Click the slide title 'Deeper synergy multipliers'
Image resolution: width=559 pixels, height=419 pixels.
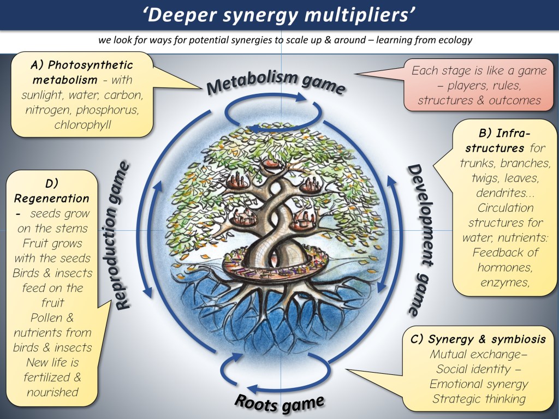click(x=279, y=15)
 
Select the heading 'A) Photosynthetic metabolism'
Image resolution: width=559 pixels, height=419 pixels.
click(x=82, y=73)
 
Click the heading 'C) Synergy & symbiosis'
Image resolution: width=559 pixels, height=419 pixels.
click(x=478, y=340)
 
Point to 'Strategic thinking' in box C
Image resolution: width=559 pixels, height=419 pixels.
click(x=478, y=399)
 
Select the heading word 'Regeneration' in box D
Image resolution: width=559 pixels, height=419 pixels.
click(x=52, y=198)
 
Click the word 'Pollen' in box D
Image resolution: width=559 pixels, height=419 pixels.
click(x=52, y=318)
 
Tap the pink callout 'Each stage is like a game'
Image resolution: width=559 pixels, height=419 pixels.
click(x=479, y=70)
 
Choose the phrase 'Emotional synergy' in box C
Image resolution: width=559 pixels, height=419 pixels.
click(x=478, y=384)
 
